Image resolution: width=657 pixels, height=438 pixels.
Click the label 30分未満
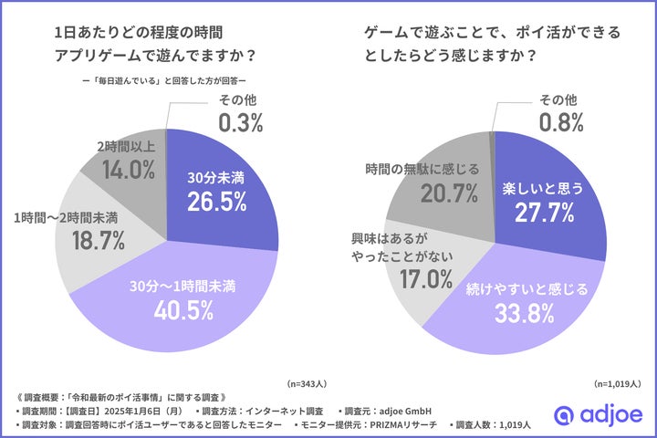(x=215, y=176)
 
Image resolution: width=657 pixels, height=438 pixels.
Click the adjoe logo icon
(x=565, y=415)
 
